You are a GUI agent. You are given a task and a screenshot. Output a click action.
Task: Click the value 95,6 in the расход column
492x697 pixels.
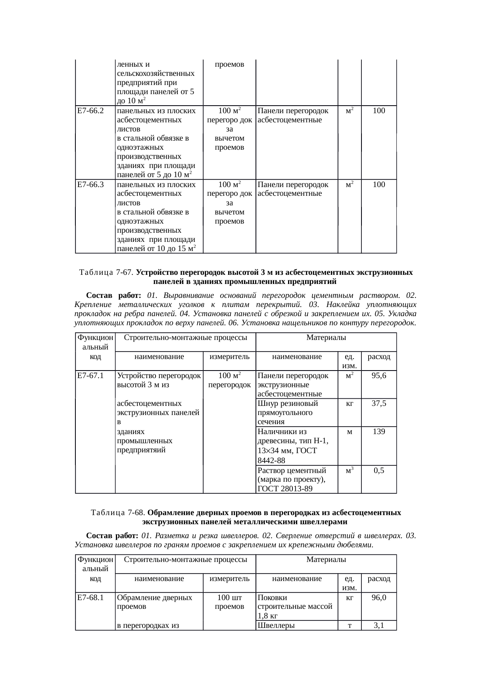(379, 375)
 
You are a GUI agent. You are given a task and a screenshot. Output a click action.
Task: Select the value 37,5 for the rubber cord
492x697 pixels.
(379, 404)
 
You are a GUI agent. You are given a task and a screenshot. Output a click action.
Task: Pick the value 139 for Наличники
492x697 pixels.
(379, 431)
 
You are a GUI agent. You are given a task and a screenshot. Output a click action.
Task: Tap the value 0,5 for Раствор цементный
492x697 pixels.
(379, 471)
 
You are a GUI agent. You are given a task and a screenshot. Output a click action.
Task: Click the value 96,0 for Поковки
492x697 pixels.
(379, 597)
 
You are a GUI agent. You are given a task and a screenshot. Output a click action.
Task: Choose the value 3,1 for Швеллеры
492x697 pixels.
(379, 626)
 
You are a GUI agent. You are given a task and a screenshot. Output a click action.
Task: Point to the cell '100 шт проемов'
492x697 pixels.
(229, 602)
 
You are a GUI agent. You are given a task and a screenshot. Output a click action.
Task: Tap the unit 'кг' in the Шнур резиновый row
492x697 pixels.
(349, 404)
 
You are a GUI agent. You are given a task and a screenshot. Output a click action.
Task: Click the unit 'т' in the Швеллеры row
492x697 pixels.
(349, 626)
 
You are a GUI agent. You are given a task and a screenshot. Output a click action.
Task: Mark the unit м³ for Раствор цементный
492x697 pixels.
(349, 471)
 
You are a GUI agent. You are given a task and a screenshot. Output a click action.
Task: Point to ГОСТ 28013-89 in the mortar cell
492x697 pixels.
(284, 489)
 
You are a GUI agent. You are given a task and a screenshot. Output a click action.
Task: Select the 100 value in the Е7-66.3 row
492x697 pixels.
(379, 185)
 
